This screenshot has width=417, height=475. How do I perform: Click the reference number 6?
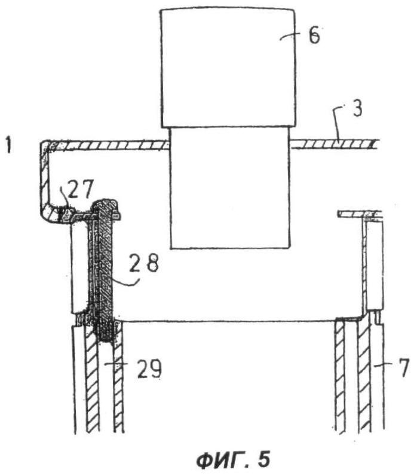[x=314, y=35]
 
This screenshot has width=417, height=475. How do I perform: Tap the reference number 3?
[x=357, y=108]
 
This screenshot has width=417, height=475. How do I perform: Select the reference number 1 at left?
[x=8, y=145]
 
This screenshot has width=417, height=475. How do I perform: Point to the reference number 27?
[x=81, y=189]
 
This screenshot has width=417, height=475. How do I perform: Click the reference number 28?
[x=144, y=263]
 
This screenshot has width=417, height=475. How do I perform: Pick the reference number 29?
[x=149, y=369]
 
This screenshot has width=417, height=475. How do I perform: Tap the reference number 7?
[x=403, y=367]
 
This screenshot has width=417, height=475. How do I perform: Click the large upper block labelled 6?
[x=228, y=68]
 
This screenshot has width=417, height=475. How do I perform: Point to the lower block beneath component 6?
[x=230, y=188]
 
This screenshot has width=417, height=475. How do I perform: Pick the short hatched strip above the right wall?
[x=359, y=215]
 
